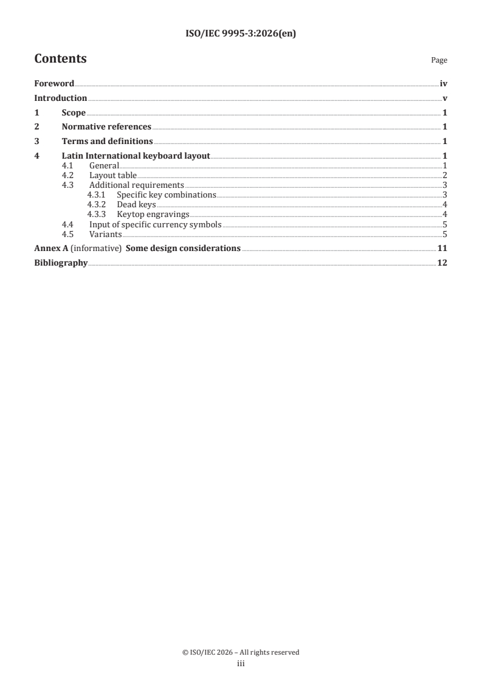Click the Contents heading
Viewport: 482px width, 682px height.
[60, 59]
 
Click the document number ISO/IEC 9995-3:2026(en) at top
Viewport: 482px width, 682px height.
[240, 34]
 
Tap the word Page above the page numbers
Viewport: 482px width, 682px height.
[439, 60]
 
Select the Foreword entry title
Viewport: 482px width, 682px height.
[54, 83]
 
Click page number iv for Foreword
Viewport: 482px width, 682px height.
[444, 83]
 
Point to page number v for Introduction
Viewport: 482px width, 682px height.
[445, 98]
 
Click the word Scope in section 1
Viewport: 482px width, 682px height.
[74, 112]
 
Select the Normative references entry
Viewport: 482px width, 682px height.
[106, 127]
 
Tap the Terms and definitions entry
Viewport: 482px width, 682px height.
[107, 142]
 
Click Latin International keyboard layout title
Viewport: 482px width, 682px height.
[136, 156]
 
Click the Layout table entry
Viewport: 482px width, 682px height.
[113, 176]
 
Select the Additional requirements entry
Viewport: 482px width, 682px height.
[137, 185]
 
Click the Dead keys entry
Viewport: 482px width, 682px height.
[136, 205]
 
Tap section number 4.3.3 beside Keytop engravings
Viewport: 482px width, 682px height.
[96, 215]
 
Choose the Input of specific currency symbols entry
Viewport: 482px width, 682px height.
[156, 224]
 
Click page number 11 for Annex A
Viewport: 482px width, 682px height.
[442, 249]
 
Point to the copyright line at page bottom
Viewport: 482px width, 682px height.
[241, 652]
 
